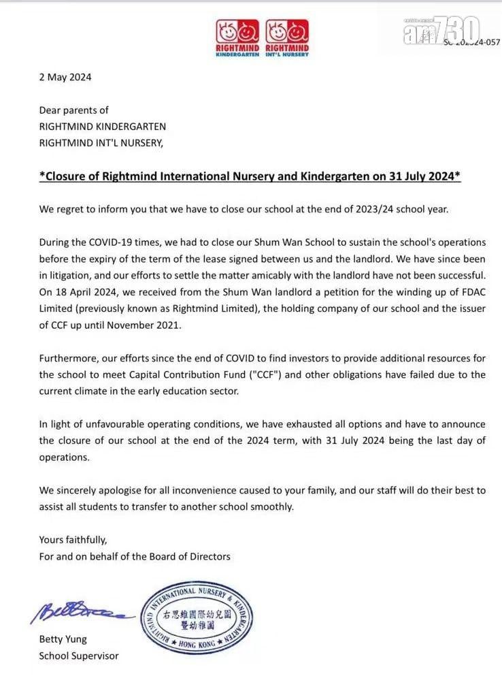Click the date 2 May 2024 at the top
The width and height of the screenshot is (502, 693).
(65, 77)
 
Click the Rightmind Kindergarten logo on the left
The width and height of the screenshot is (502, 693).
(238, 37)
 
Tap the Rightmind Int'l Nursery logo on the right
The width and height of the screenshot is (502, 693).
(287, 37)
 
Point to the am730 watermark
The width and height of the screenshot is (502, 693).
(441, 31)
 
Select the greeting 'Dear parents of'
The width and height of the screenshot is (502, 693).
(73, 110)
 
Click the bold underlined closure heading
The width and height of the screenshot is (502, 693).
(250, 176)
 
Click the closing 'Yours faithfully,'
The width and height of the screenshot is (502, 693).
(73, 540)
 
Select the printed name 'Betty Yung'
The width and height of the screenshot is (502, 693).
(63, 639)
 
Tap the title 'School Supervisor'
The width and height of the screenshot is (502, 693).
(78, 656)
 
